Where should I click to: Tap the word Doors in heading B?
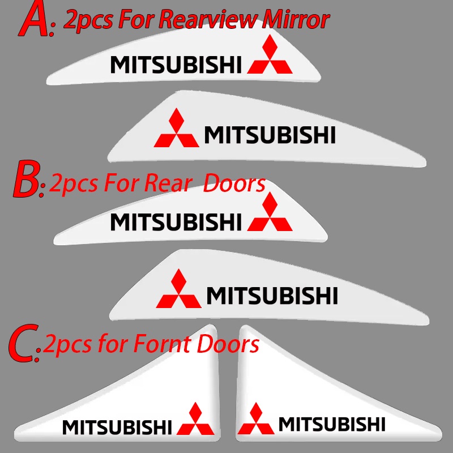coord(234,183)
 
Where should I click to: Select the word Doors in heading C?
coord(229,344)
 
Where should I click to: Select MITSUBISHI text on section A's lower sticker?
coord(270,135)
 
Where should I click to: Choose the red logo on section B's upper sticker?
coord(270,216)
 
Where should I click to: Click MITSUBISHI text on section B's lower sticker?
coord(272,295)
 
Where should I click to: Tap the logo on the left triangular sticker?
coord(196,420)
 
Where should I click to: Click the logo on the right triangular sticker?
coord(257,418)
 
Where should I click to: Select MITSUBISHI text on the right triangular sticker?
coord(331,424)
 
